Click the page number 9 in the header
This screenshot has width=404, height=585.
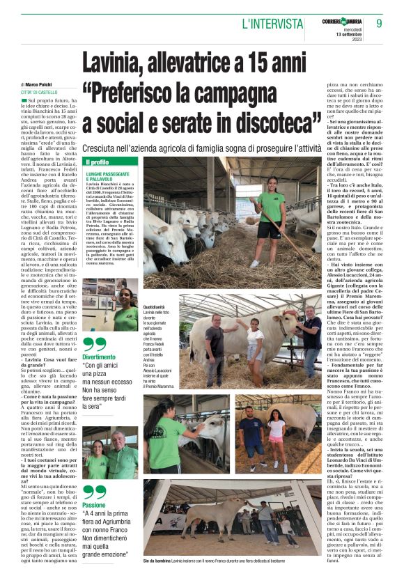pyautogui.click(x=379, y=23)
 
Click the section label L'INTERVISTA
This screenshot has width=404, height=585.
pyautogui.click(x=272, y=24)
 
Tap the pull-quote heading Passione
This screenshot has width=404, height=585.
pyautogui.click(x=94, y=505)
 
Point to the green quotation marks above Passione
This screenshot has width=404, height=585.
pyautogui.click(x=94, y=492)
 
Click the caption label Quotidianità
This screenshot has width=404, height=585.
pyautogui.click(x=154, y=306)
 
